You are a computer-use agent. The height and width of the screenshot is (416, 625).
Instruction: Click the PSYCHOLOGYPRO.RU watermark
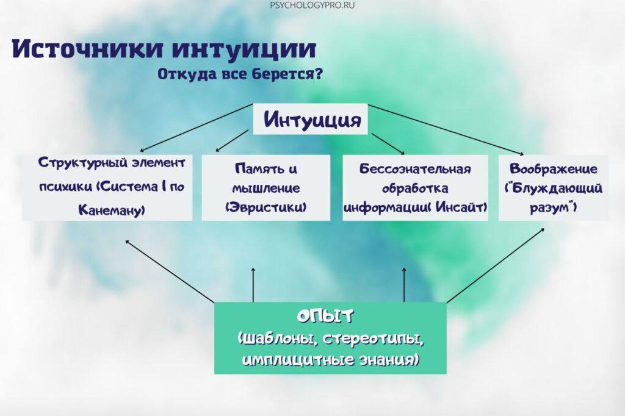(312, 5)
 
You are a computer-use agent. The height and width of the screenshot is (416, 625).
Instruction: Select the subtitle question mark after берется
(318, 74)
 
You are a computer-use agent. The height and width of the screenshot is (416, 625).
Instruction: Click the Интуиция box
(310, 119)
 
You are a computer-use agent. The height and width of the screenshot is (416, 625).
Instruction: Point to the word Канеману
(112, 210)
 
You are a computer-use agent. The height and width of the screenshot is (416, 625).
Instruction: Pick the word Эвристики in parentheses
(266, 207)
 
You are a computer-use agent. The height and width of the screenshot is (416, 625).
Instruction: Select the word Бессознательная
(415, 169)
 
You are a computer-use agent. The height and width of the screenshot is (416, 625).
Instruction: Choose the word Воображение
(553, 169)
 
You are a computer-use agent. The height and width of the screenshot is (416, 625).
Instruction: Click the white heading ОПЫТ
(325, 316)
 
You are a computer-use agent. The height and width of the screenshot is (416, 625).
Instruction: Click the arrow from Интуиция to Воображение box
(446, 129)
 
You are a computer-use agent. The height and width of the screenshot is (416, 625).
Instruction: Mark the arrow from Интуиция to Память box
(232, 141)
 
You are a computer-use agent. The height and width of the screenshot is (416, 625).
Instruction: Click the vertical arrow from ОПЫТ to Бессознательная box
(404, 284)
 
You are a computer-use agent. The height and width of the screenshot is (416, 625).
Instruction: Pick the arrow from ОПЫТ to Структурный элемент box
(170, 271)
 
